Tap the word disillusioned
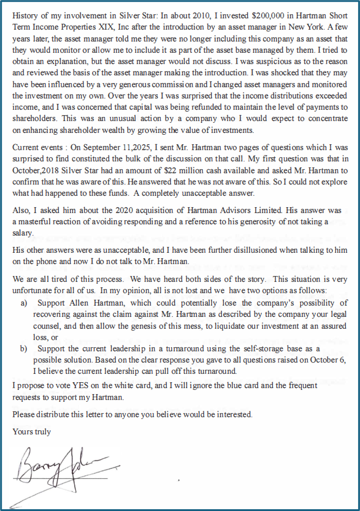(234, 250)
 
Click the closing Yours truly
(31, 432)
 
